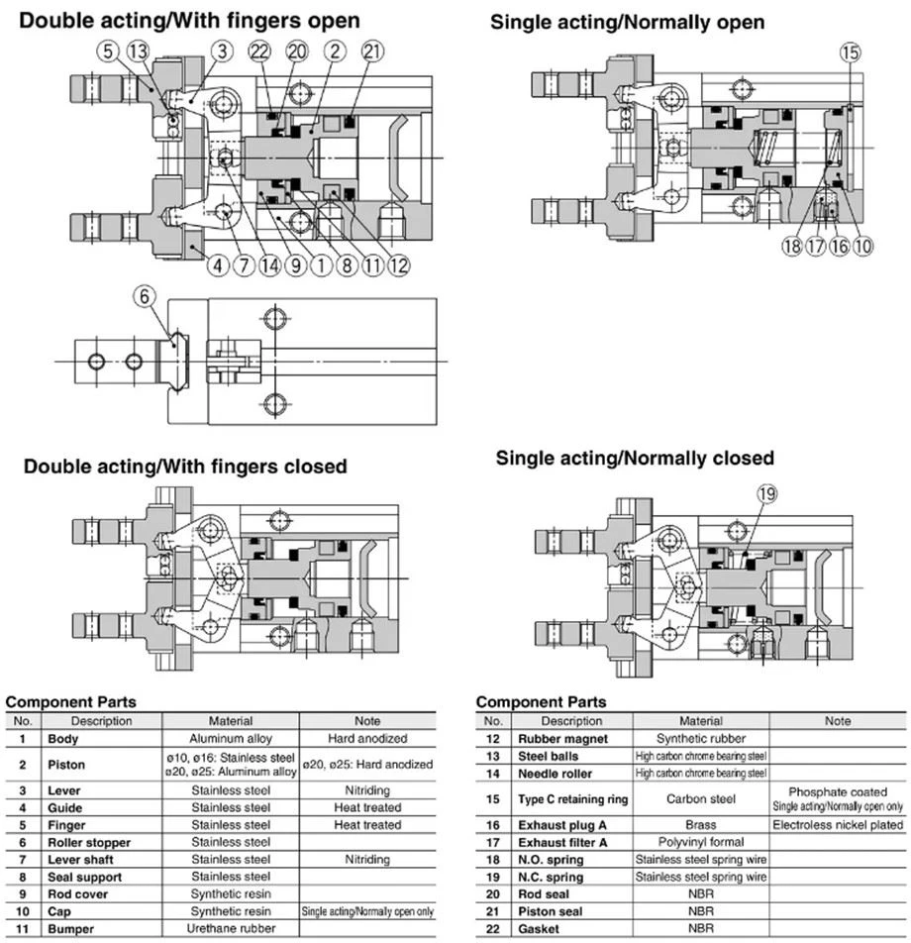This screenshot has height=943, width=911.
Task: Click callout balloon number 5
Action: click(x=108, y=51)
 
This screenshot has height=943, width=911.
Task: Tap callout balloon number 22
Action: click(x=259, y=52)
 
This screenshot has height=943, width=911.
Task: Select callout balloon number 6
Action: click(x=145, y=296)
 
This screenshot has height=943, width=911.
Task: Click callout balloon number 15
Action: click(x=851, y=52)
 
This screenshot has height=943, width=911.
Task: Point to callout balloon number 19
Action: click(x=766, y=494)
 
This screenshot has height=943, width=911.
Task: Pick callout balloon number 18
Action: click(x=792, y=246)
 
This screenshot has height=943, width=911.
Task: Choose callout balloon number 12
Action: click(x=399, y=265)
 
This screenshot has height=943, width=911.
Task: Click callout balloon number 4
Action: click(x=218, y=265)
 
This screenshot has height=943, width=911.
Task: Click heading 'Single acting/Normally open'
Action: click(x=627, y=23)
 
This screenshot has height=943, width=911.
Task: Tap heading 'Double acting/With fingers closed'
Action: click(x=185, y=467)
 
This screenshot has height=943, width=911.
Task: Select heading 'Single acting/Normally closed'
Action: click(x=635, y=459)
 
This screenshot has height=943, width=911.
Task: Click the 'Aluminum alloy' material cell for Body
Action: click(x=231, y=739)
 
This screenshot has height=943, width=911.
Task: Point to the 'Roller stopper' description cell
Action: click(x=89, y=843)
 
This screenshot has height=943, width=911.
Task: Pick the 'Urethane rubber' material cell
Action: click(x=231, y=928)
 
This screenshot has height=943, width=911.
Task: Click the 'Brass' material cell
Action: click(x=700, y=825)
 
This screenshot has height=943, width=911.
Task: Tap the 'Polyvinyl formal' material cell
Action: click(x=700, y=842)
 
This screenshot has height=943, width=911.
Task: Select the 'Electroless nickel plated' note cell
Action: click(x=838, y=825)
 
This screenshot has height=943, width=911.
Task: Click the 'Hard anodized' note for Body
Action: click(x=367, y=739)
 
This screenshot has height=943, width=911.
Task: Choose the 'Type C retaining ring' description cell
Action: click(x=573, y=799)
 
